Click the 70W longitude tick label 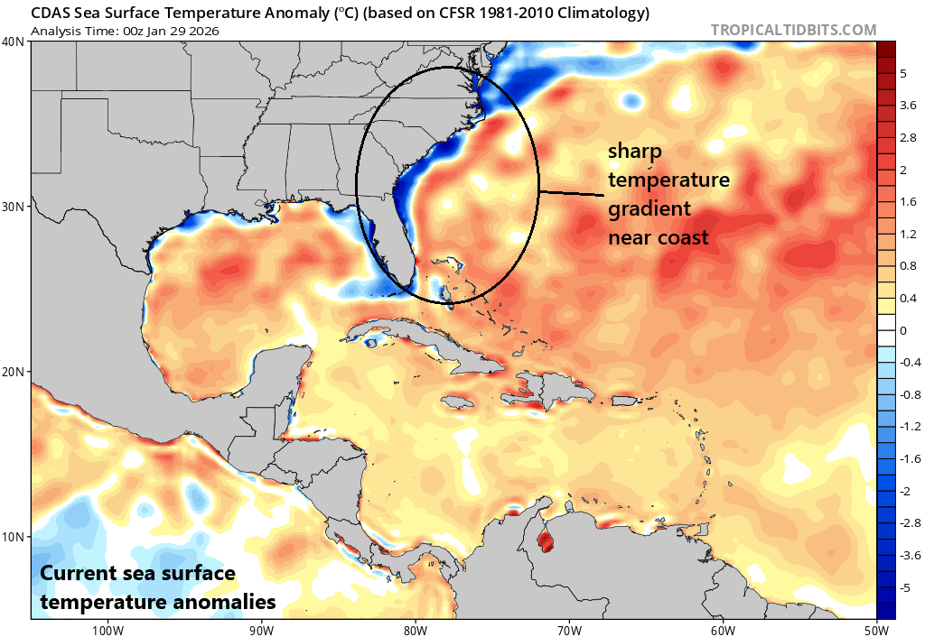coord(569,629)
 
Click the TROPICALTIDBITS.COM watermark coord(794,30)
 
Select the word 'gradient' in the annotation coord(649,209)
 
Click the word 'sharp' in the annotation coord(633,151)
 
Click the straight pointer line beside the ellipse coord(571,193)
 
